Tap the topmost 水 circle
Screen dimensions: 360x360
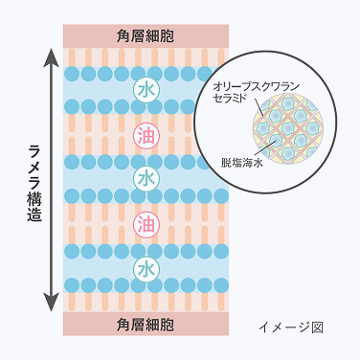[x=144, y=89]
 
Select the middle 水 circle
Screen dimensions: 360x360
[x=144, y=179]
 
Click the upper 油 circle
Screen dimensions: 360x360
[x=144, y=134]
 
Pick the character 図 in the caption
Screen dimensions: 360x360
[x=317, y=326]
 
